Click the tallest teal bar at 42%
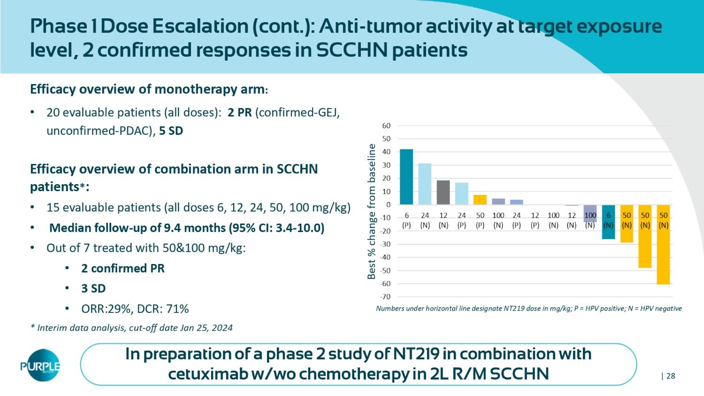click(406, 177)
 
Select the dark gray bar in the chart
click(443, 192)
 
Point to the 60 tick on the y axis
click(386, 126)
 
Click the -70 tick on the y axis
click(385, 297)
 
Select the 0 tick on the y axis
click(388, 205)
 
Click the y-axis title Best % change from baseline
click(372, 211)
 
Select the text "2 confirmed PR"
click(122, 268)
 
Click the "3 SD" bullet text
click(93, 288)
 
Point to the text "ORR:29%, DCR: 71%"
click(135, 309)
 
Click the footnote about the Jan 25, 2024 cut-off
click(131, 328)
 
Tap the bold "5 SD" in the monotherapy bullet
click(171, 131)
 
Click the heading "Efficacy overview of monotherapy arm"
click(149, 89)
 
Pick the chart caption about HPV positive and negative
click(529, 309)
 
